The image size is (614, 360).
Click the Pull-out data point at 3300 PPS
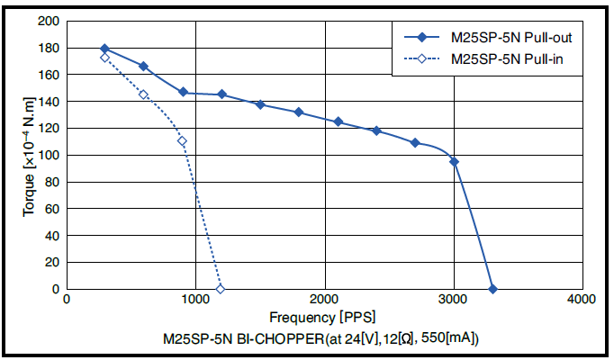click(492, 289)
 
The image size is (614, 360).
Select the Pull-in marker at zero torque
click(221, 289)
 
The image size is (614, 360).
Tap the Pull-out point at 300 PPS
click(104, 49)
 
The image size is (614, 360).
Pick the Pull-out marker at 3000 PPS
click(454, 162)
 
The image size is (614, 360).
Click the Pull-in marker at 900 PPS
click(182, 141)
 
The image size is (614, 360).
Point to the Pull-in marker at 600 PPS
click(143, 94)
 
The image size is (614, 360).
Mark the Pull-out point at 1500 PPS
click(260, 104)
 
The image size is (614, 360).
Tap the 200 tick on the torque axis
click(49, 21)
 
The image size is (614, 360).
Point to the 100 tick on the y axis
click(49, 155)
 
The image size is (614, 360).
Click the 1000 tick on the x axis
click(194, 299)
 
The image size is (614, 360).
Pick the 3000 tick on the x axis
click(453, 299)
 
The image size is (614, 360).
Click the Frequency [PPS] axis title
click(322, 317)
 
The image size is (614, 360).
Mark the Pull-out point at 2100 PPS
click(338, 121)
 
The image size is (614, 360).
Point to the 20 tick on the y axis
click(52, 262)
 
